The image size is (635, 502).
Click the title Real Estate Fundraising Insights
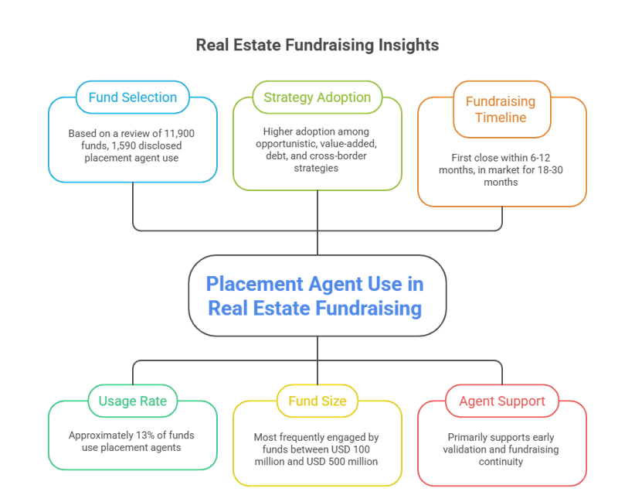[x=317, y=45]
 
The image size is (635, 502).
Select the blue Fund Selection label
[x=132, y=97]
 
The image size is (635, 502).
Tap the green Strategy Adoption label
[x=317, y=97]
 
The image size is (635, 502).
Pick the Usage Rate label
[x=132, y=401]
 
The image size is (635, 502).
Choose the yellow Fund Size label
[x=317, y=401]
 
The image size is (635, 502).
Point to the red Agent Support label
[x=501, y=401]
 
